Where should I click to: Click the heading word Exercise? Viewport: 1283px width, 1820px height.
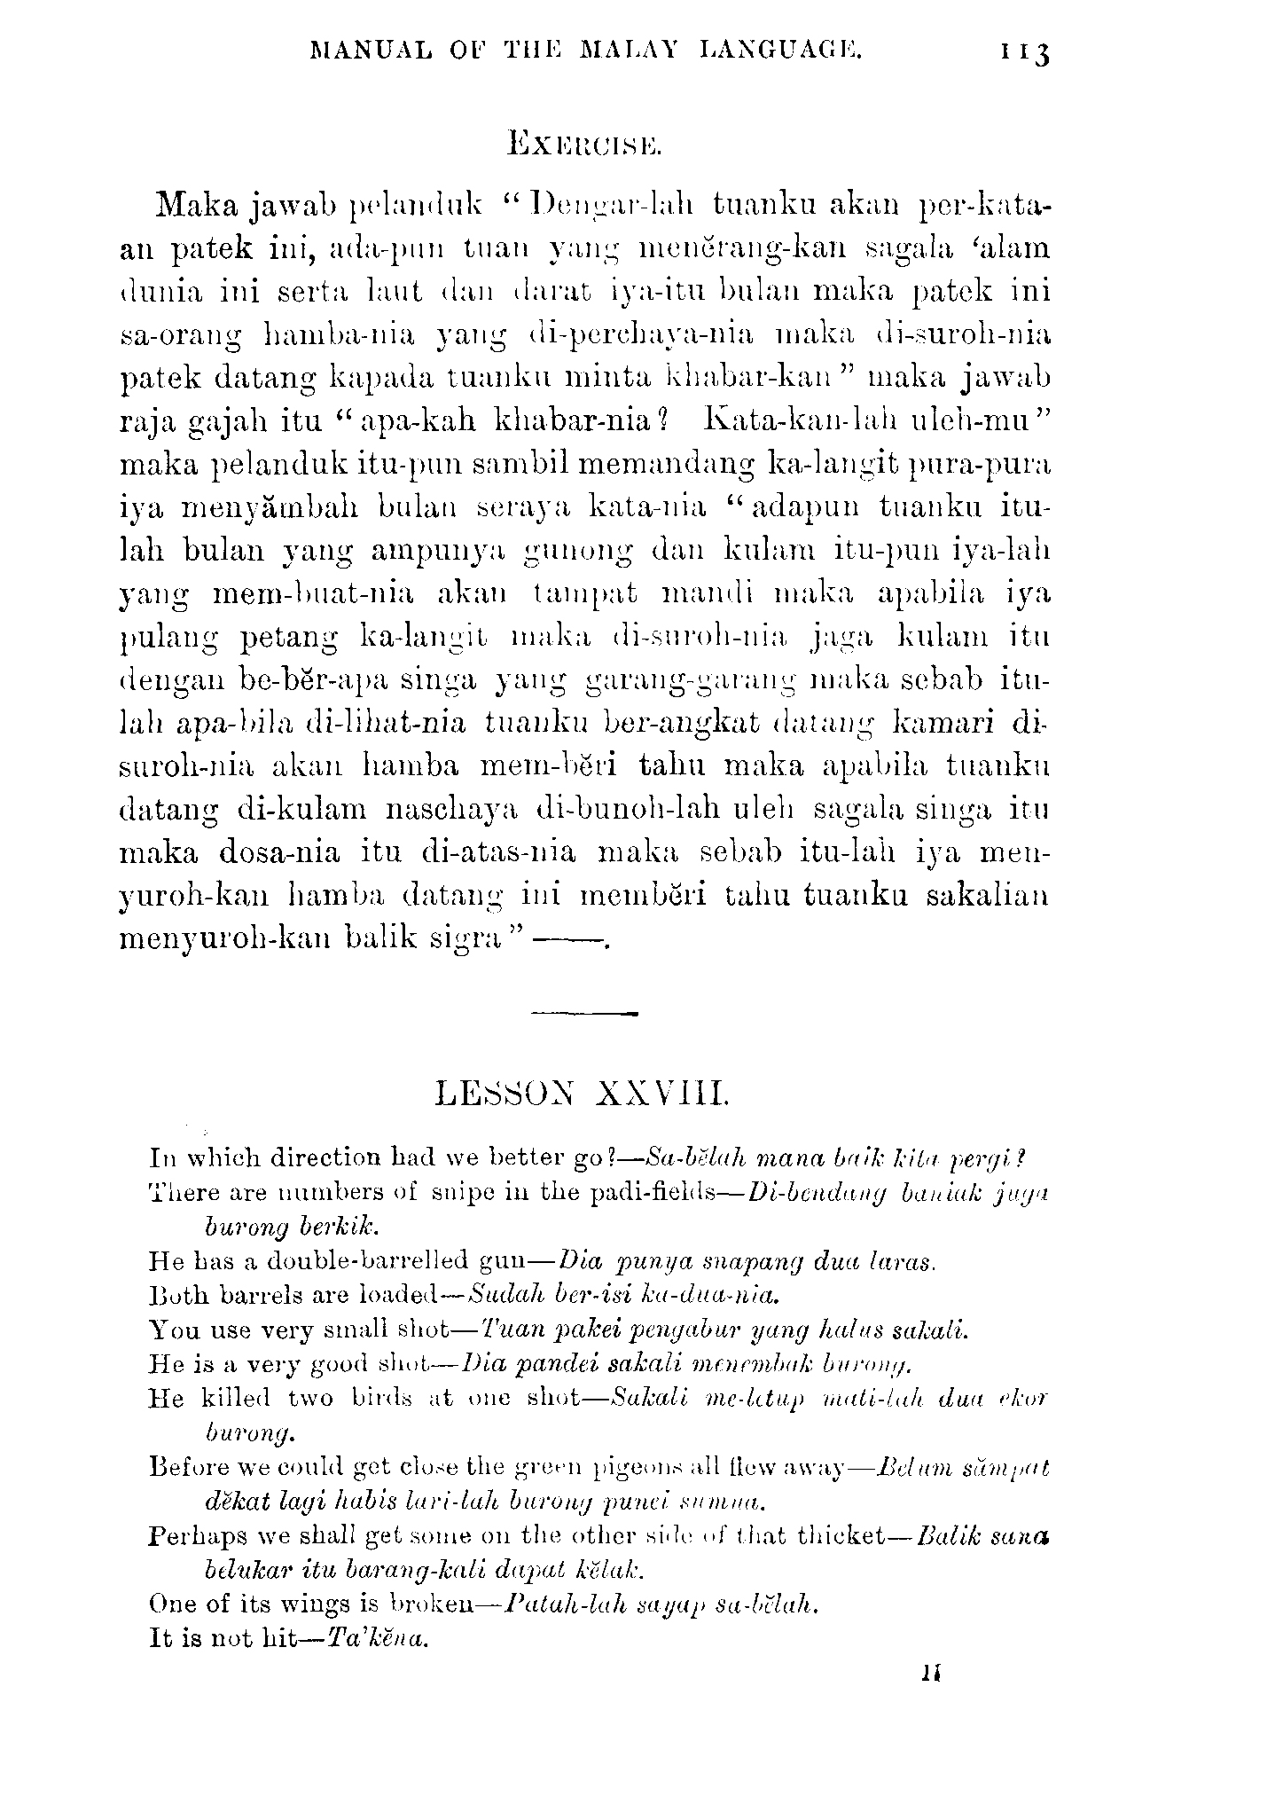point(583,143)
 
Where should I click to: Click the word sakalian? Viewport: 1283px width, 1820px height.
point(987,895)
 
